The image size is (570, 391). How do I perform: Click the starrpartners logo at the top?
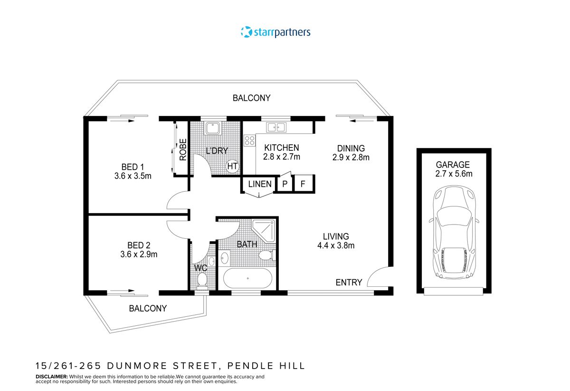pyautogui.click(x=275, y=32)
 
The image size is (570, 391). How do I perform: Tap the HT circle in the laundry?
pyautogui.click(x=232, y=166)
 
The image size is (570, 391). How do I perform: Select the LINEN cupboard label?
pyautogui.click(x=260, y=184)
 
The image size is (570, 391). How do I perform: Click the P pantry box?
pyautogui.click(x=285, y=184)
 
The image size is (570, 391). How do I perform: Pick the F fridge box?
pyautogui.click(x=303, y=184)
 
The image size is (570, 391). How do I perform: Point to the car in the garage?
pyautogui.click(x=454, y=232)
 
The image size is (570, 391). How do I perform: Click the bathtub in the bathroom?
pyautogui.click(x=247, y=278)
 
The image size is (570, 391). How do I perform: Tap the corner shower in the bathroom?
pyautogui.click(x=264, y=231)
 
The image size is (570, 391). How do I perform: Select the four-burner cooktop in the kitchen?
pyautogui.click(x=249, y=140)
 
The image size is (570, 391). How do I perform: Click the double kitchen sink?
pyautogui.click(x=276, y=127)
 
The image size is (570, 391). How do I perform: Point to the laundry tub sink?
pyautogui.click(x=213, y=128)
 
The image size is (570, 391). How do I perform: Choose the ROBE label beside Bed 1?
pyautogui.click(x=183, y=150)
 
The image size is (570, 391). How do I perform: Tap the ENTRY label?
pyautogui.click(x=349, y=283)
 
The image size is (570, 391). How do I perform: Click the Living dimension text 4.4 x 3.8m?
pyautogui.click(x=336, y=245)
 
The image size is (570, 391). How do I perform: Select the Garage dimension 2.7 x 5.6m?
pyautogui.click(x=454, y=174)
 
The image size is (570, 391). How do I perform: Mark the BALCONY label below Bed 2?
pyautogui.click(x=148, y=308)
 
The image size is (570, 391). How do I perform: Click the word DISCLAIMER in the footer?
pyautogui.click(x=52, y=376)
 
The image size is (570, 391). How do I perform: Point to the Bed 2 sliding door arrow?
pyautogui.click(x=122, y=291)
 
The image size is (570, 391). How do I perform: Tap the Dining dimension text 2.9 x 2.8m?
pyautogui.click(x=351, y=157)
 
